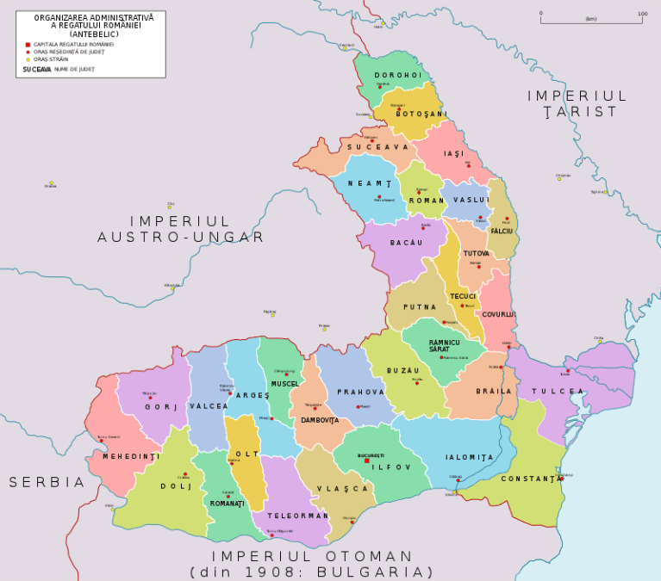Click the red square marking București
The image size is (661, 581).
367,460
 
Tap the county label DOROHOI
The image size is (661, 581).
397,75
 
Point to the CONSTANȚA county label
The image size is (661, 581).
532,478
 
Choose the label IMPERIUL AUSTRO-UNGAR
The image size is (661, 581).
180,229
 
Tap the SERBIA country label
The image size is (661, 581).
47,482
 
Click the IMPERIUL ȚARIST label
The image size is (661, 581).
577,103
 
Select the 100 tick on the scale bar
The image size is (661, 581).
642,14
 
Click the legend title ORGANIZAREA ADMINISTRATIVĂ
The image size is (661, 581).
94,17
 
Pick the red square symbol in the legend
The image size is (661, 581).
28,44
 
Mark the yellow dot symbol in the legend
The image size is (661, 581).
28,59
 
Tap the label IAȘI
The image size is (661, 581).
453,153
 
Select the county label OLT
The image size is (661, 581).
246,454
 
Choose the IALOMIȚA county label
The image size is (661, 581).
470,457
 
